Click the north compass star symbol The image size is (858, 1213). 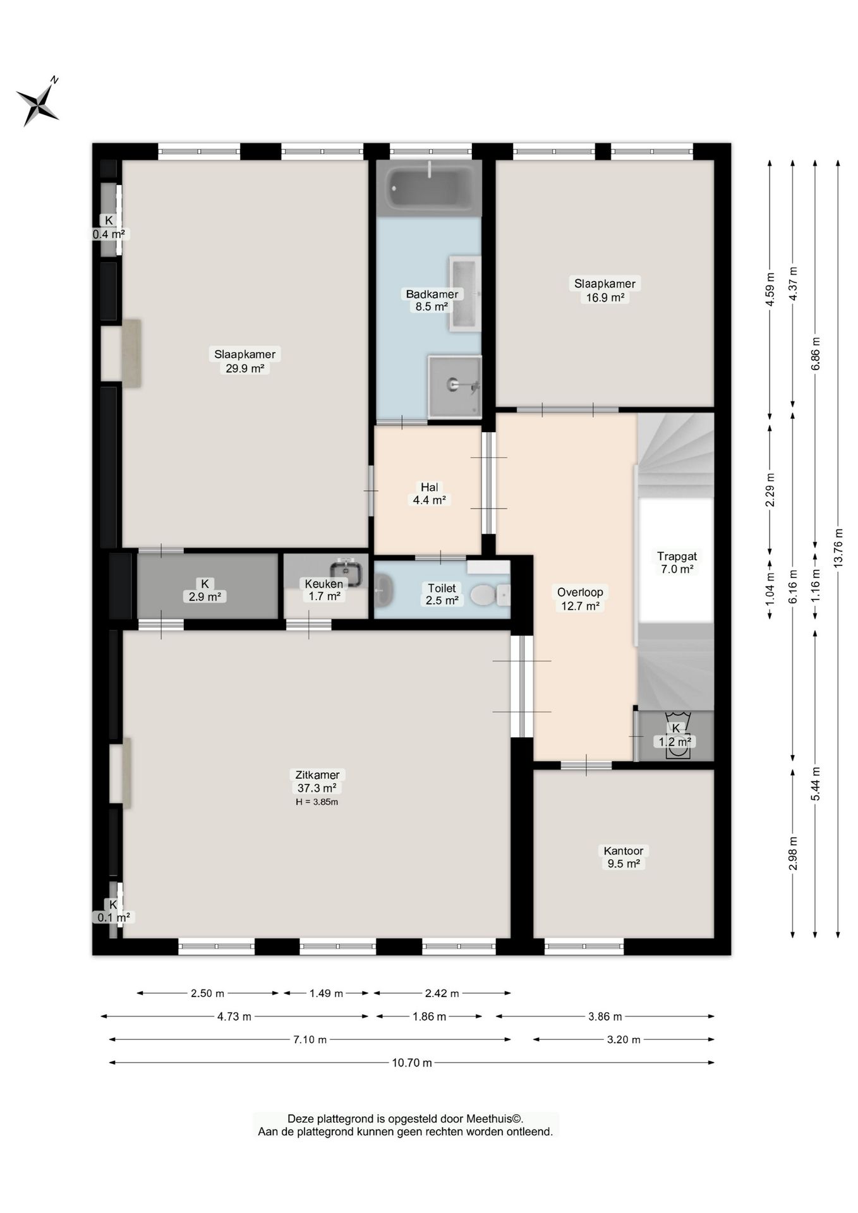(39, 103)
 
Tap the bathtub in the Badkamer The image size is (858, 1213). (429, 188)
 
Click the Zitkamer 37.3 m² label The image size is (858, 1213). (317, 782)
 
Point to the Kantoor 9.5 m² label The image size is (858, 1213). (624, 857)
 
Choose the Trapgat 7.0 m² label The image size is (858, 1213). (677, 562)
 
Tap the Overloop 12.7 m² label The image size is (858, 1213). (580, 599)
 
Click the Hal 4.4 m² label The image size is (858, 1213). (430, 493)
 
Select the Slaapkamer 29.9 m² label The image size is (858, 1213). (245, 361)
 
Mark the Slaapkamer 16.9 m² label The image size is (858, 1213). (605, 290)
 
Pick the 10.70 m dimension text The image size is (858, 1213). (412, 1063)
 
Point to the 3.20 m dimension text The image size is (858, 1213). (624, 1039)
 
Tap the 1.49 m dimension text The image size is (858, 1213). (326, 993)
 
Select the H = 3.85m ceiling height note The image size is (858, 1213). (317, 802)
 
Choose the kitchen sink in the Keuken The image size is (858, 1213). (346, 572)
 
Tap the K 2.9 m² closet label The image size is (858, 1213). (204, 590)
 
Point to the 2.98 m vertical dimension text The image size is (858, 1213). (793, 853)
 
